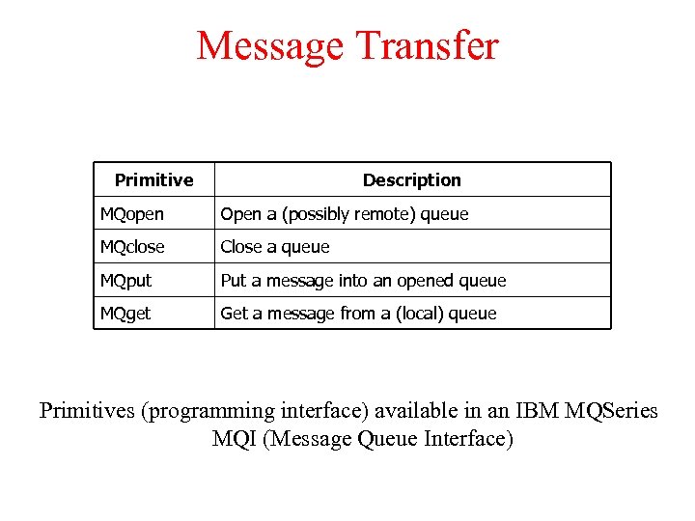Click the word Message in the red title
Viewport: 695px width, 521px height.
pos(269,45)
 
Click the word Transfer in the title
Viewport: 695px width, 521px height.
pos(426,45)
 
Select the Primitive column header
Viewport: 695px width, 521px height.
pos(153,179)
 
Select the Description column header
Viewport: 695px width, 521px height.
pos(411,179)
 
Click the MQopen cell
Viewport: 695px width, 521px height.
pos(132,214)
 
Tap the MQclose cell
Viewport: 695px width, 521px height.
pos(132,247)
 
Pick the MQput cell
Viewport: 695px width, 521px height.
pos(126,281)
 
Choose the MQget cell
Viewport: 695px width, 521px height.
pos(125,314)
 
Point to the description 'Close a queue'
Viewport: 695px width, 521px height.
pos(275,247)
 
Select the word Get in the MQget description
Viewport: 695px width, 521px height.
pos(233,314)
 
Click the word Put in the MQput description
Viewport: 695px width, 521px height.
pos(233,281)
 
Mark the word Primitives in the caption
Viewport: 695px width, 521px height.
pos(87,411)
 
